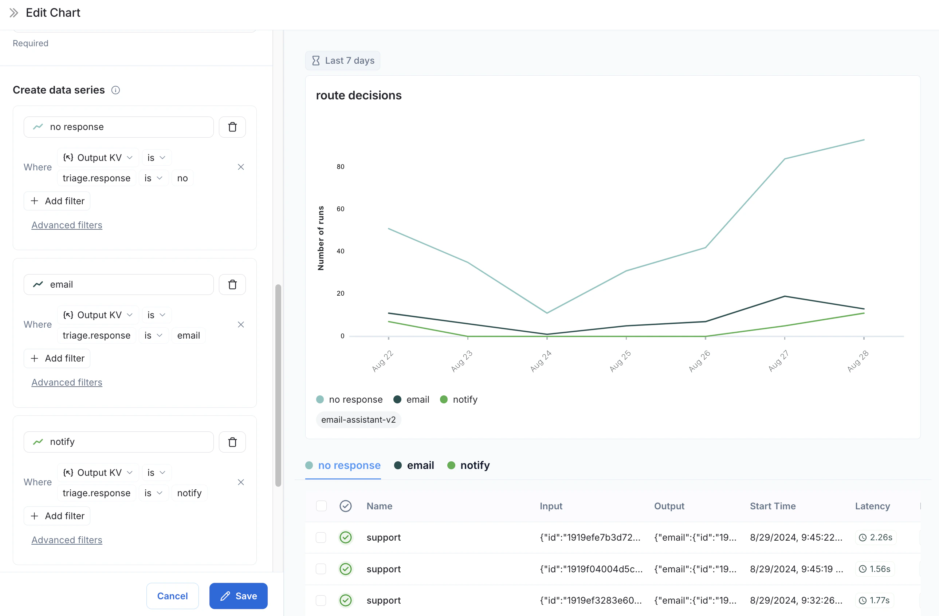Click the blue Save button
238,596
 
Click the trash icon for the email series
232,284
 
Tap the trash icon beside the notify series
232,442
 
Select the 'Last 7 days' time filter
342,61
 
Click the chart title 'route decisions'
358,95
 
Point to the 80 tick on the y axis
341,167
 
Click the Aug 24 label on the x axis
541,361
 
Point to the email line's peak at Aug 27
784,296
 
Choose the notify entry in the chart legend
459,399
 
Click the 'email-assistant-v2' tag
358,420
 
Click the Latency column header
872,506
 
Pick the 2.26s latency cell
876,537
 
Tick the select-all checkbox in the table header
321,506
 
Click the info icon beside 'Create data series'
115,90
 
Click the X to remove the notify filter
241,482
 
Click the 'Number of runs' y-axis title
321,238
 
